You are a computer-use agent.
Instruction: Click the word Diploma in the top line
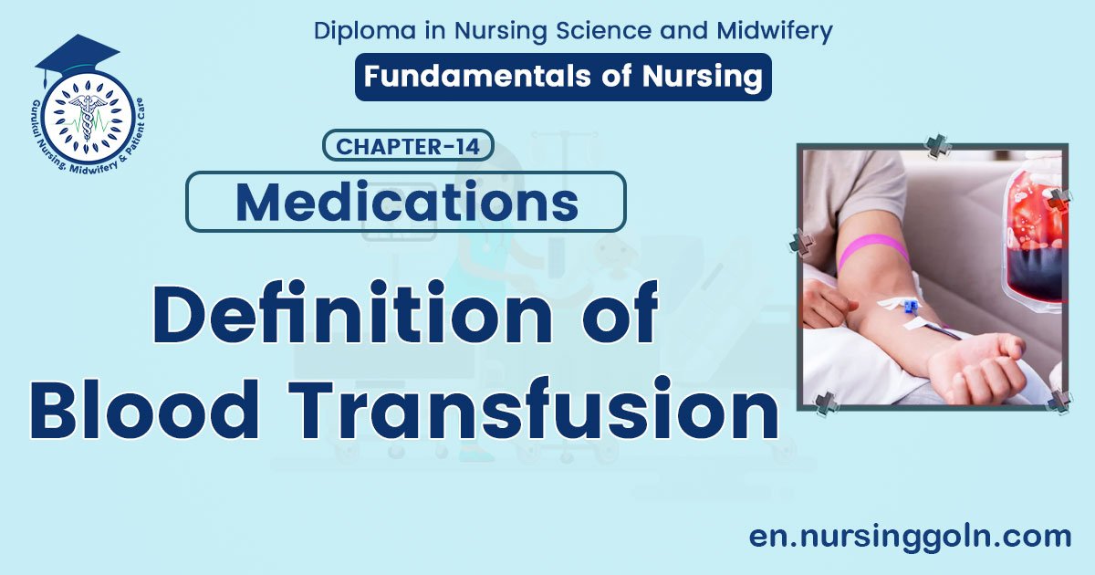point(360,30)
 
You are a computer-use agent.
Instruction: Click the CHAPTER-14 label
point(408,146)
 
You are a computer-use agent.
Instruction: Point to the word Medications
point(406,202)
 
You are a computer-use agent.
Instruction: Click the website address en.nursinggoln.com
point(910,536)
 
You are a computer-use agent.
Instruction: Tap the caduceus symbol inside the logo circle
point(89,116)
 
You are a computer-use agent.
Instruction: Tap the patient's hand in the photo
point(976,365)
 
